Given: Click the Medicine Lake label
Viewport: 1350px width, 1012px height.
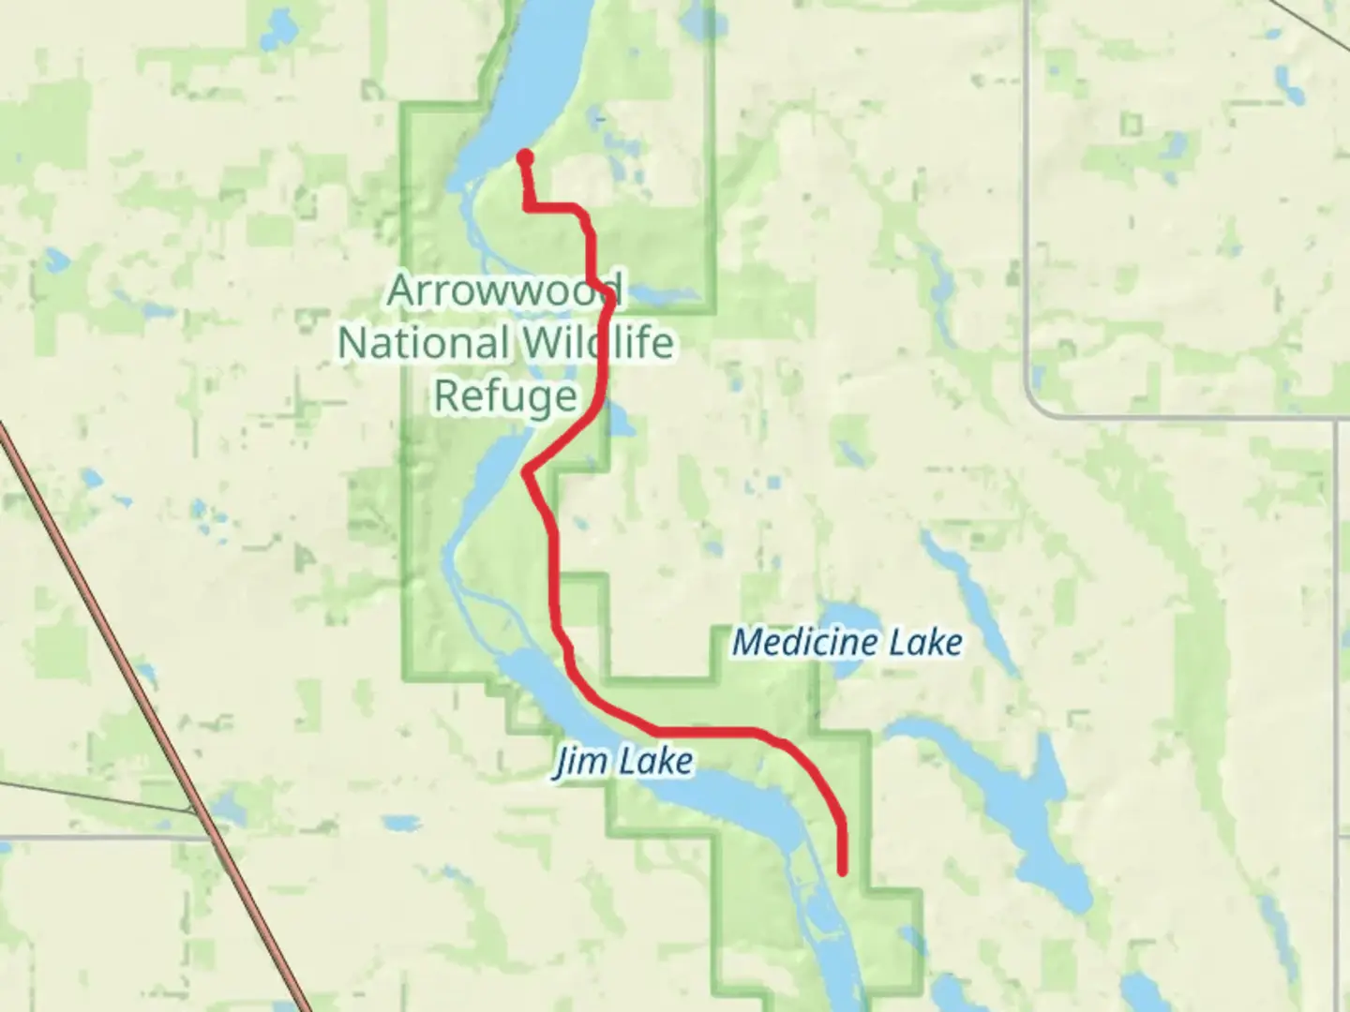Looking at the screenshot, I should click(x=847, y=643).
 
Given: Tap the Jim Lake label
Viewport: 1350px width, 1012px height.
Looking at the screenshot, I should click(x=623, y=761).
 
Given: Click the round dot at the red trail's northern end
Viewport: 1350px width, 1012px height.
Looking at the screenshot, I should click(x=526, y=157).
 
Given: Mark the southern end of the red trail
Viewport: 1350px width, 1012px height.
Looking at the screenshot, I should click(x=843, y=871).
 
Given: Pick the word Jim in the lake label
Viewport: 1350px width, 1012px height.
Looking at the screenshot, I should click(x=574, y=763).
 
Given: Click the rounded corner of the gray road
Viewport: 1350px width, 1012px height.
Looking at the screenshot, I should click(x=1039, y=405).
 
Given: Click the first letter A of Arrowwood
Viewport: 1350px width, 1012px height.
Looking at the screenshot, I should click(x=401, y=290).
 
